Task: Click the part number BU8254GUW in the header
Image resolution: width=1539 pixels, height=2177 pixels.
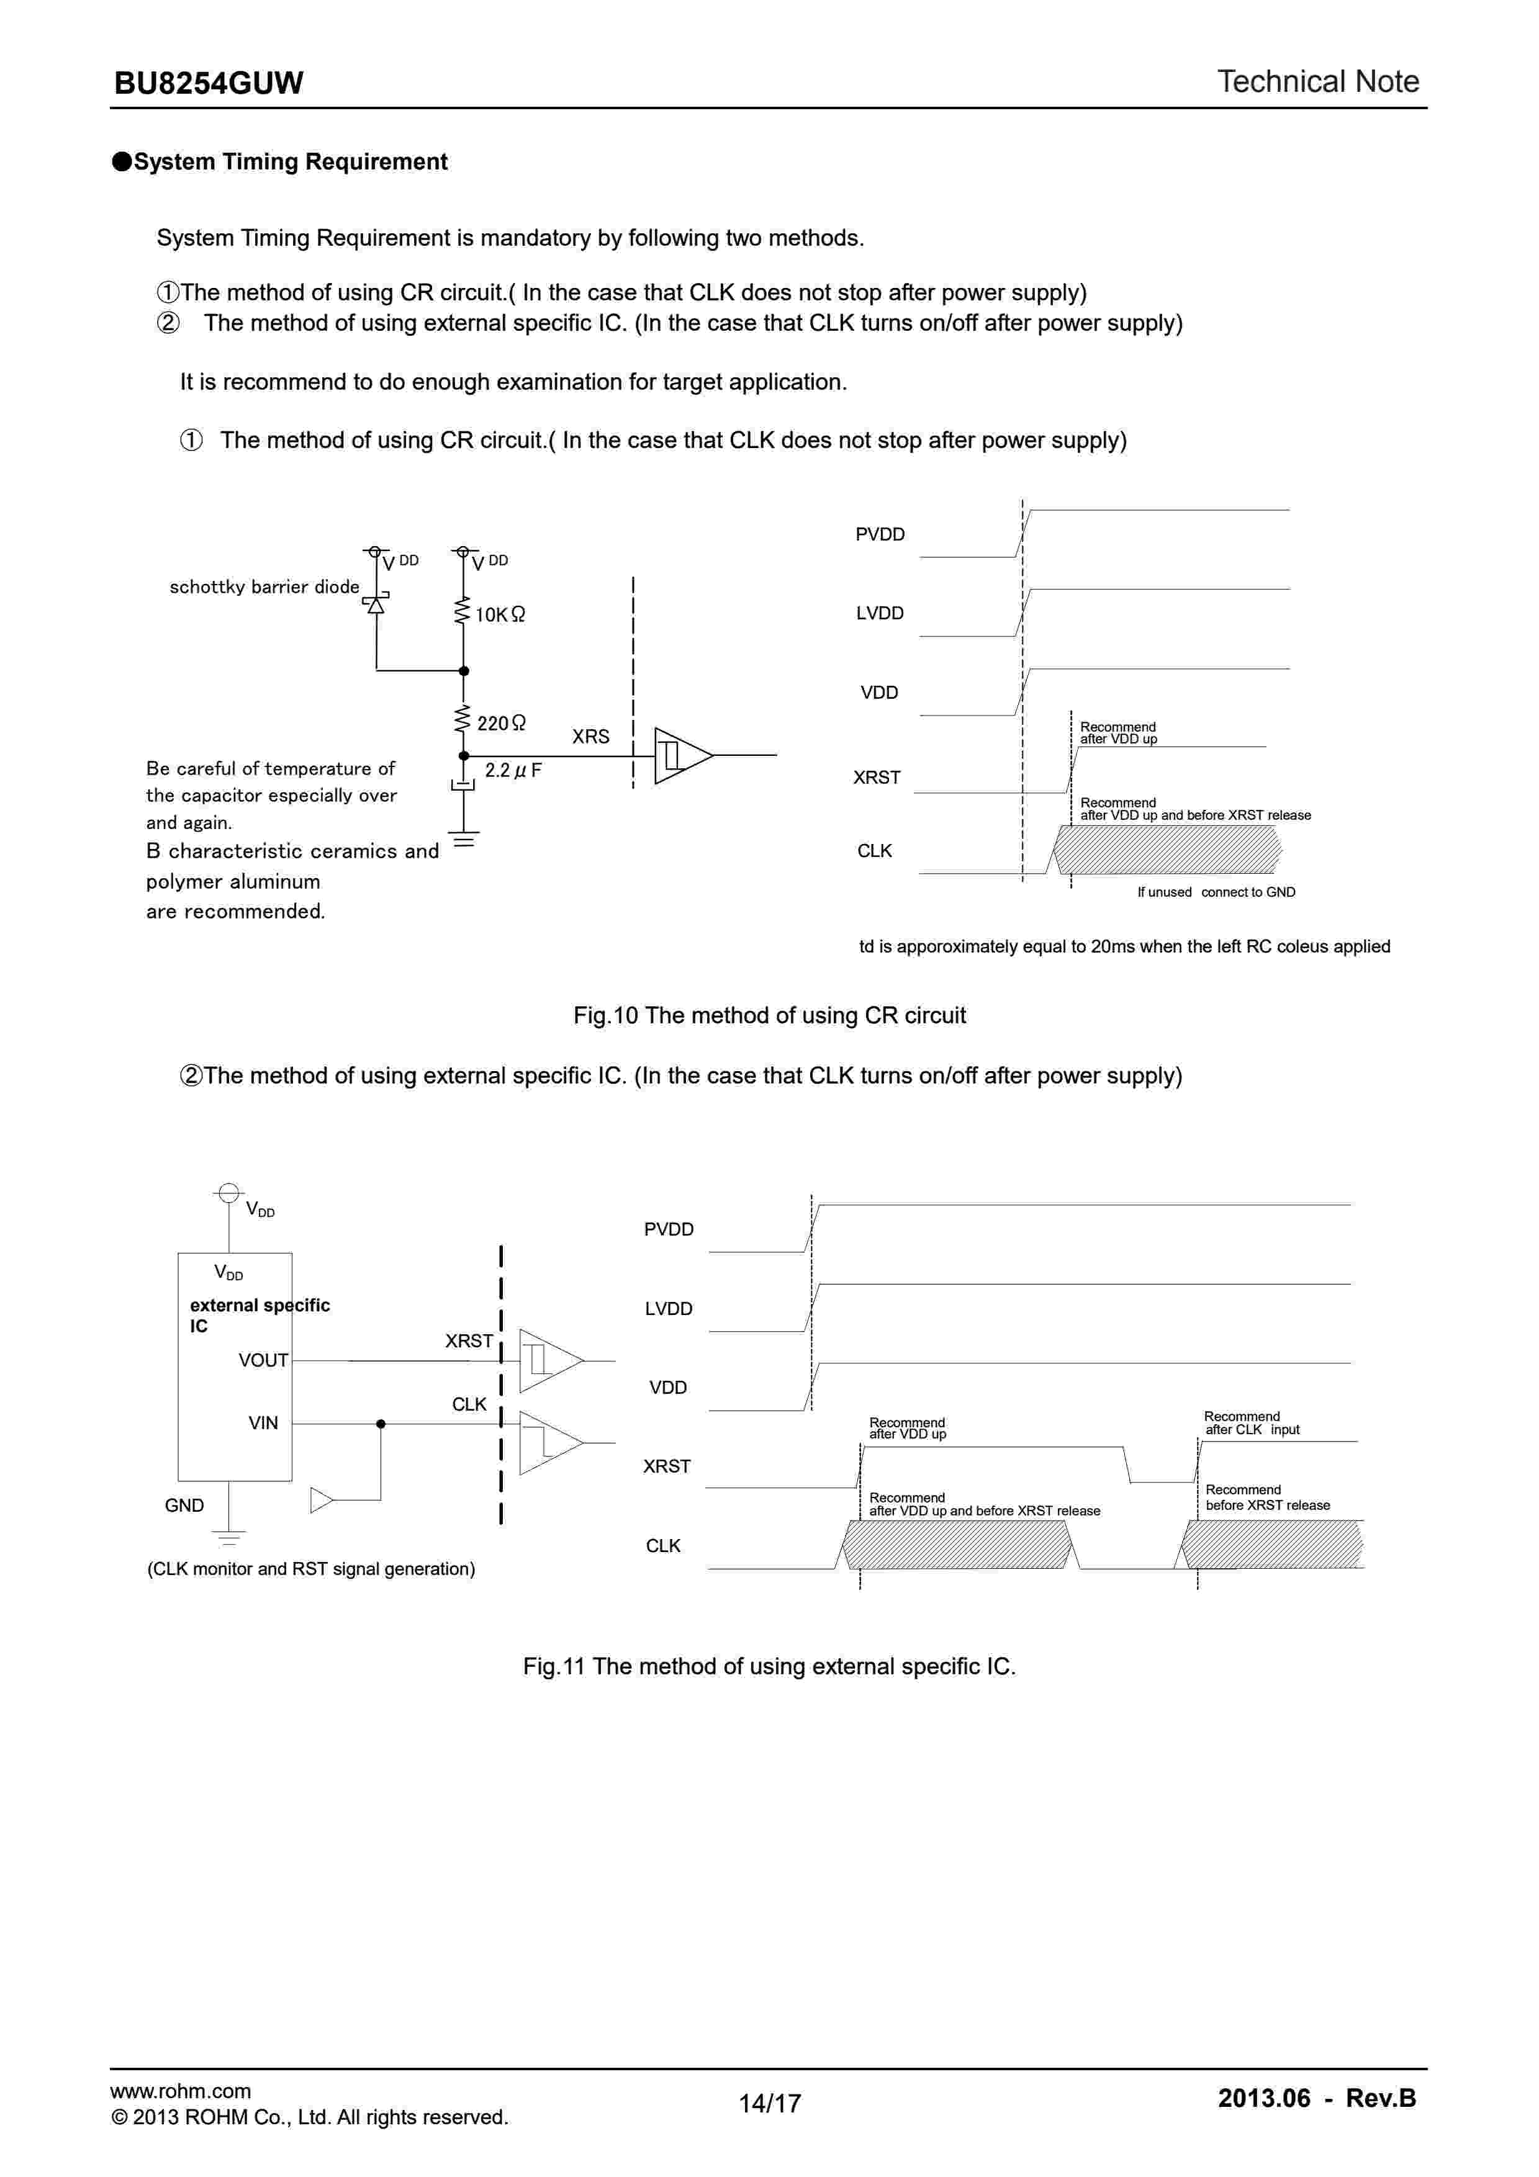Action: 209,83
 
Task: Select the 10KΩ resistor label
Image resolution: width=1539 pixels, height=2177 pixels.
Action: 500,614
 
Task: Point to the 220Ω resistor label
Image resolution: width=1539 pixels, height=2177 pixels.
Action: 500,724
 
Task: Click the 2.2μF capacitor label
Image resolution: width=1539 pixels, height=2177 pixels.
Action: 513,770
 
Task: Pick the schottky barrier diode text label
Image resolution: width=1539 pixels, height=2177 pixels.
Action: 264,587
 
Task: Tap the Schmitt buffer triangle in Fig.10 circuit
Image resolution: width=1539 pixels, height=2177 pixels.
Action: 681,756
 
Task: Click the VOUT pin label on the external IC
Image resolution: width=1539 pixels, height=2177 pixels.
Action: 263,1360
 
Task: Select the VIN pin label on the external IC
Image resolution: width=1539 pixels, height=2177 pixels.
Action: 263,1423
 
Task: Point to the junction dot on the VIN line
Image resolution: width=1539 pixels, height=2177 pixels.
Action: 380,1424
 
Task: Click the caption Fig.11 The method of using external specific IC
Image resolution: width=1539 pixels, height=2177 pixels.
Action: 769,1666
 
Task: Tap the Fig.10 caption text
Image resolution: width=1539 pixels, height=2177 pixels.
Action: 769,1015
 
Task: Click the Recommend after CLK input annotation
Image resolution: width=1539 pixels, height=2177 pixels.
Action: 1251,1423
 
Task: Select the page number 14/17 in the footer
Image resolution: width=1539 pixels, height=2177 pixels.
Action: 769,2103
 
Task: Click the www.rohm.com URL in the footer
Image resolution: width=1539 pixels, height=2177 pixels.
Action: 180,2091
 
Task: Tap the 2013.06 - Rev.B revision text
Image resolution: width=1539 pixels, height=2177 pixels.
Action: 1316,2098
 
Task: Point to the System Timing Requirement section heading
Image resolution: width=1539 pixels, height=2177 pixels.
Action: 289,162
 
